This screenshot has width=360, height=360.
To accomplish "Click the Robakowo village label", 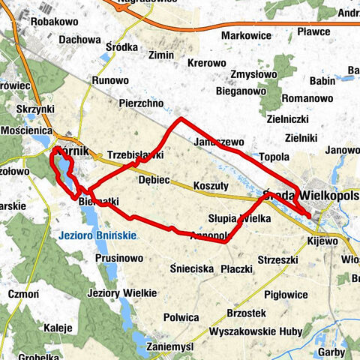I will tap(55, 22).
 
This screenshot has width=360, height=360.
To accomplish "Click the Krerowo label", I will tap(206, 63).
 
